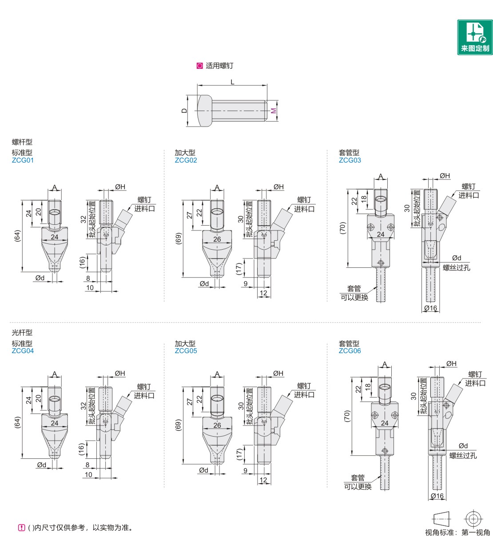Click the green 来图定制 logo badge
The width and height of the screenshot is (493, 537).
(475, 37)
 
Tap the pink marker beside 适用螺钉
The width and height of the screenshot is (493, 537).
(199, 66)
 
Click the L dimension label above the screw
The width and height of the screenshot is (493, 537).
(232, 82)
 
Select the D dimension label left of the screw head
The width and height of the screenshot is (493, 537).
(185, 110)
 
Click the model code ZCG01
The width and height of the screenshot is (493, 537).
(23, 160)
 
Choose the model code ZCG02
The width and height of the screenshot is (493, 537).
(186, 160)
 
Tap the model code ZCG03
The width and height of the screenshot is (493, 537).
(350, 160)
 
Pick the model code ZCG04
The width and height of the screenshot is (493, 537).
(23, 351)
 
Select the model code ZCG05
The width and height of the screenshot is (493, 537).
(186, 351)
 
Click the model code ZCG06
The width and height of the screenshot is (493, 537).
(350, 351)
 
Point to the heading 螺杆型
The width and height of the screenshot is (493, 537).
(22, 142)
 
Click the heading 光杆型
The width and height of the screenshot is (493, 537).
(22, 332)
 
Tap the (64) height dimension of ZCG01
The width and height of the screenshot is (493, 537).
(17, 236)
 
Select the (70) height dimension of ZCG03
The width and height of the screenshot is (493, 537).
(342, 229)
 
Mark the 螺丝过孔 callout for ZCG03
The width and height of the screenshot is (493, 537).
(456, 268)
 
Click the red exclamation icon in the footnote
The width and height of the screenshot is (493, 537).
(21, 528)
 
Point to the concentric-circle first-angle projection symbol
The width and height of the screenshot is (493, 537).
(473, 519)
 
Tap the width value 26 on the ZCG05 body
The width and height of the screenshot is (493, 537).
(217, 425)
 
